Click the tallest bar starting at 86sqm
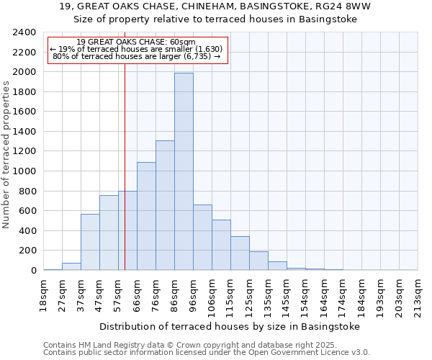point(184,171)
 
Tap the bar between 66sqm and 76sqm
point(146,216)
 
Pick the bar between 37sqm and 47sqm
point(90,242)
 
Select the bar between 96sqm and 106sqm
point(202,238)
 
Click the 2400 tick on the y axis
point(25,32)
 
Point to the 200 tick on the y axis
point(28,251)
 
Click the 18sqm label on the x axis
point(43,293)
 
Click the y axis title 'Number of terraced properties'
point(6,154)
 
